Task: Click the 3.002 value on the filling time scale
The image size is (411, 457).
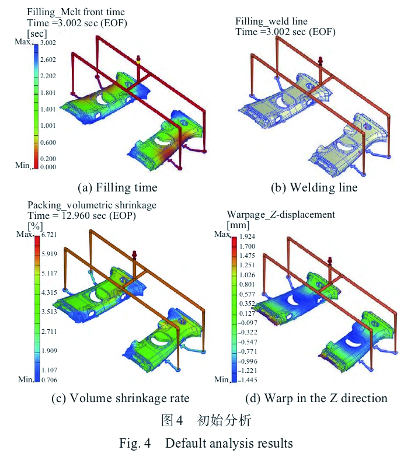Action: pos(48,43)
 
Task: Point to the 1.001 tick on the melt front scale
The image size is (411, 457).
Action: pos(48,125)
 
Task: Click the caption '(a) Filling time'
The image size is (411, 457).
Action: pos(117,187)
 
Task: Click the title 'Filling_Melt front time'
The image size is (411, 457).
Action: pos(76,12)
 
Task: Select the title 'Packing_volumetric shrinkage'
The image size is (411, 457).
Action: pos(92,205)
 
